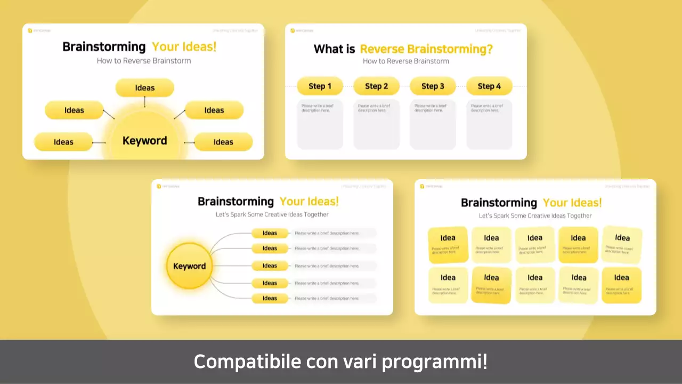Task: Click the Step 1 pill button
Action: [x=320, y=86]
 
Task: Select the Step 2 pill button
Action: [x=376, y=86]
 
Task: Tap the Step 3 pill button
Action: [x=433, y=86]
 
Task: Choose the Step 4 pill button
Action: [x=489, y=86]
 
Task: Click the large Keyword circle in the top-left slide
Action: [x=145, y=141]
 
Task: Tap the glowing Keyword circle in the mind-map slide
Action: [x=189, y=266]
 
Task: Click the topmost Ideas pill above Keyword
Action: [x=145, y=87]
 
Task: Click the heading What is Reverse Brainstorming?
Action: [x=403, y=49]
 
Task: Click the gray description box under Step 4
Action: [x=489, y=124]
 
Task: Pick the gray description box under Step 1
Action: [x=320, y=124]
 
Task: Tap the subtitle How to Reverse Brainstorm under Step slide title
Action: [x=405, y=61]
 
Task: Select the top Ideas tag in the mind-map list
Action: [x=270, y=233]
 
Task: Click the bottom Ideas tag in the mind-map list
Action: [x=270, y=299]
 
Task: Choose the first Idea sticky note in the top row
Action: [x=448, y=244]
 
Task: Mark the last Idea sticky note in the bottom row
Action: [x=621, y=285]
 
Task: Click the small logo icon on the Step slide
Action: [x=293, y=30]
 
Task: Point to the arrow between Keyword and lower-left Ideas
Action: [x=99, y=142]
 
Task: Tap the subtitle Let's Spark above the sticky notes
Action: [x=535, y=216]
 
